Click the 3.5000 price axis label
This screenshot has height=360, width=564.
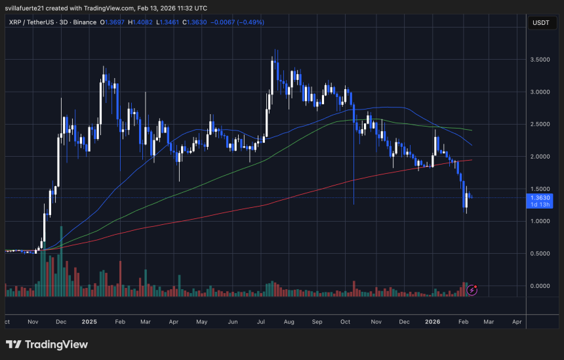540,60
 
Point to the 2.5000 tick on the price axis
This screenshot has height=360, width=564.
540,124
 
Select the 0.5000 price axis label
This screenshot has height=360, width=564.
540,253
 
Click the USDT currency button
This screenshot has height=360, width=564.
540,24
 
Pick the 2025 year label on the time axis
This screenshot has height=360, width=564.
90,322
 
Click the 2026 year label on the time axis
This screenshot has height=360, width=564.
432,322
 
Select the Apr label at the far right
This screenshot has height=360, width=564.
517,322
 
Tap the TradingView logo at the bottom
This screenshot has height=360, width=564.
47,344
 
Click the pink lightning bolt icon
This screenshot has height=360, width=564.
472,289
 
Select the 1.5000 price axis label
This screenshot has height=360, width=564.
540,189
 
